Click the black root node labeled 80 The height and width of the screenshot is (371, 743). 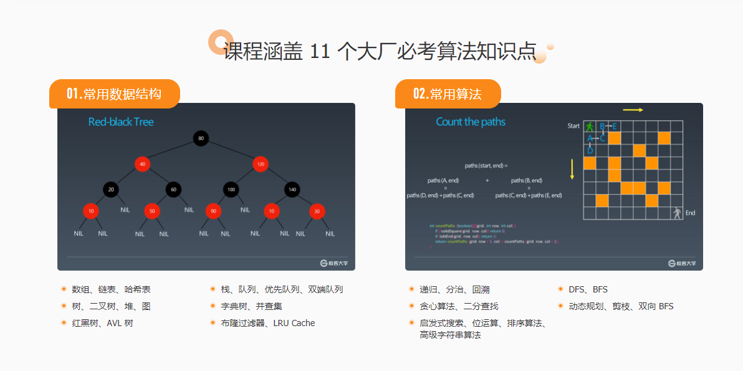point(200,138)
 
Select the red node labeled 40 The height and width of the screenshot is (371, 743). point(143,164)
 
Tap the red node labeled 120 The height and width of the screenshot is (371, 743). point(261,164)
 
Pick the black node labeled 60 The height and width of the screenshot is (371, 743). point(173,188)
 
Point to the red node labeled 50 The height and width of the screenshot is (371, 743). point(152,211)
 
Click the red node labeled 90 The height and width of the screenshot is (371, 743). point(213,211)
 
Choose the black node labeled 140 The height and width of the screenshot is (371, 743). point(291,188)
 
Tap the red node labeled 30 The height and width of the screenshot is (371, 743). point(317,211)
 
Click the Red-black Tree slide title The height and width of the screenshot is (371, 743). point(121,122)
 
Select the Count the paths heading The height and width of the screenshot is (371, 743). point(471,122)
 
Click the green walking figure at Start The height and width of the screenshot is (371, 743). point(590,127)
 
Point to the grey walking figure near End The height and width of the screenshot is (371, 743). point(677,213)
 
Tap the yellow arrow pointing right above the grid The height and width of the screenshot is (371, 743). point(633,110)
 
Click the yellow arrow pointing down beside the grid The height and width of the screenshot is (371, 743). point(572,169)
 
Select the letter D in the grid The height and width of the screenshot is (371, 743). point(590,150)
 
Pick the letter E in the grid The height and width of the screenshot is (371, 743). point(615,127)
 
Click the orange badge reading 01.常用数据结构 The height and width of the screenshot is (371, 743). point(115,94)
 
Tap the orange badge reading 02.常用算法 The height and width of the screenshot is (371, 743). point(448,94)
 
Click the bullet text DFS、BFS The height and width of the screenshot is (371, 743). point(588,289)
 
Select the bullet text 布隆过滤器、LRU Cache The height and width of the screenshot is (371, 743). point(267,323)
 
